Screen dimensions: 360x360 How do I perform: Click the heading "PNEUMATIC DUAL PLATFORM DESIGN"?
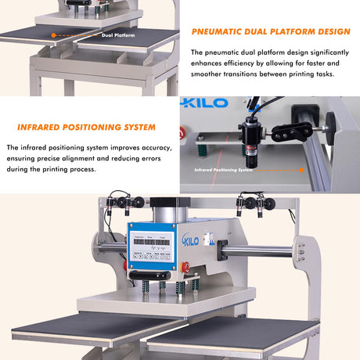[x=271, y=32]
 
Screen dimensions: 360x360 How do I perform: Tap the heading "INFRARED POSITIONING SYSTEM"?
[x=86, y=127]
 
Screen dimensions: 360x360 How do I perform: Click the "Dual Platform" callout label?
[x=117, y=35]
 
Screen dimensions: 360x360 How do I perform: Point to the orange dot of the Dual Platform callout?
[x=53, y=35]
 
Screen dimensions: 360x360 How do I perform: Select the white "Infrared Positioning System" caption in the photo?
[x=224, y=168]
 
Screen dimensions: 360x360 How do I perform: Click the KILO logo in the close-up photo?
[x=205, y=103]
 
